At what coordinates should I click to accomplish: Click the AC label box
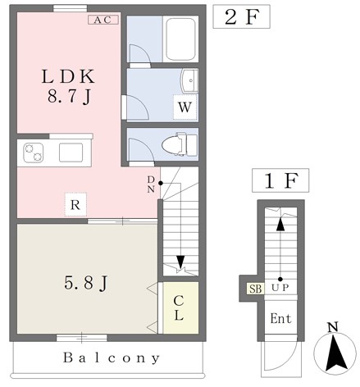point(103,20)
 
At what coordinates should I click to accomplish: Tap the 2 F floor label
point(242,16)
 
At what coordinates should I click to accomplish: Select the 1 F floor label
point(280,180)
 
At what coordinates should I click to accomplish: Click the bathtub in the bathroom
point(180,39)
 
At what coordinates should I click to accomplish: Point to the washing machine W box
point(185,107)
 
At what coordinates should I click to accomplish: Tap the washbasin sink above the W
point(189,80)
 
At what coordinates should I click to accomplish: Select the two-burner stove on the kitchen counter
point(34,153)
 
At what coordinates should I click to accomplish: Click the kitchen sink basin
point(71,153)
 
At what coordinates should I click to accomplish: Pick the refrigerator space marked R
point(75,205)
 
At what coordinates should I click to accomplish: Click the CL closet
point(180,307)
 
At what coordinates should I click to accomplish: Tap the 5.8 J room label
point(86,284)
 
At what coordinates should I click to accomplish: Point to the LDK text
point(68,76)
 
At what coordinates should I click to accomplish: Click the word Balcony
point(112,358)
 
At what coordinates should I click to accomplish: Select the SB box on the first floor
point(255,289)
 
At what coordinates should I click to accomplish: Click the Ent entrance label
point(280,319)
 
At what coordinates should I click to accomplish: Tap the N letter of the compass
point(333,327)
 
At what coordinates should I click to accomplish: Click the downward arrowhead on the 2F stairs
point(180,262)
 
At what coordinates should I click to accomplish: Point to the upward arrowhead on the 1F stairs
point(280,225)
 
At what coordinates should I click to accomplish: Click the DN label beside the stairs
point(151,184)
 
